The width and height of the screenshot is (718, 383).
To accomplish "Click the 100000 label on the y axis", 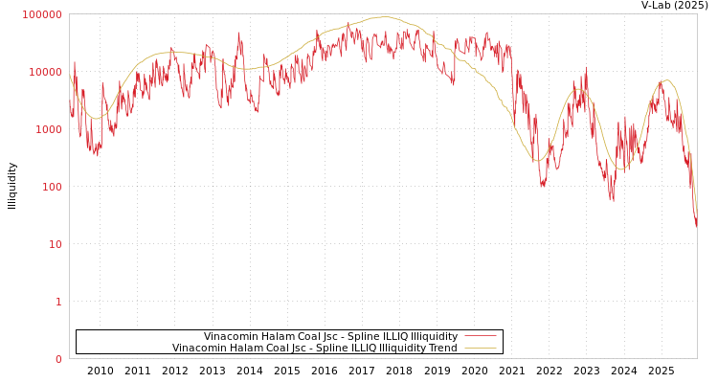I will coord(42,14).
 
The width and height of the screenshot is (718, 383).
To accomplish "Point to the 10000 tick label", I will coord(45,72).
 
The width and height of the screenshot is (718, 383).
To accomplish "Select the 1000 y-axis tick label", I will coord(48,129).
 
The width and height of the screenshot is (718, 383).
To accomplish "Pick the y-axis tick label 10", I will coord(55,244).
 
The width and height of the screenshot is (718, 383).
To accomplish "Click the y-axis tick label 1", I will coord(57,302).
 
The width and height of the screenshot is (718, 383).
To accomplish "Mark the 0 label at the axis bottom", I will coord(57,359).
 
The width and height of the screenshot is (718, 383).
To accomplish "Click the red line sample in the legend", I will coord(480,336).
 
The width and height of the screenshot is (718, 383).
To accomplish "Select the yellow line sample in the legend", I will coord(480,348).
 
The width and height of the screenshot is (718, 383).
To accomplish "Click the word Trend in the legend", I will coord(442,348).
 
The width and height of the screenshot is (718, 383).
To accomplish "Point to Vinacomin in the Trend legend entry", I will coord(197,348).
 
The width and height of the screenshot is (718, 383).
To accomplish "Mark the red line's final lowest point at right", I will coord(696,226).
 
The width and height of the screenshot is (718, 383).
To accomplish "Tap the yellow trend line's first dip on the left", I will coord(96,118).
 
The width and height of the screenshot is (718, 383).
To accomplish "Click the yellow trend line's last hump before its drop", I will coord(666,80).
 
